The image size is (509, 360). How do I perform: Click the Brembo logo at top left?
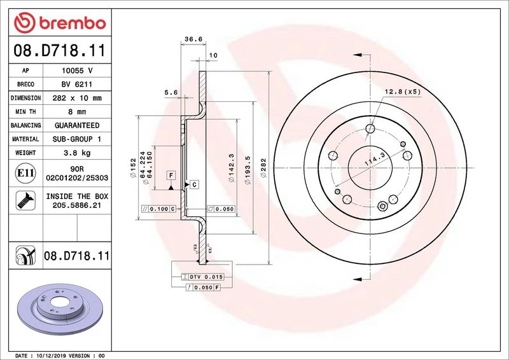click(x=60, y=23)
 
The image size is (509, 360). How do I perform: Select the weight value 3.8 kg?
click(x=77, y=153)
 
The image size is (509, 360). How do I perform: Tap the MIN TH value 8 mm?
click(x=77, y=112)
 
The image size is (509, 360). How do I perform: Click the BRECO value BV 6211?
click(x=77, y=85)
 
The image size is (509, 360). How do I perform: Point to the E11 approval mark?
click(x=25, y=173)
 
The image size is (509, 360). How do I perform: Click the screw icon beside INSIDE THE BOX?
click(x=25, y=200)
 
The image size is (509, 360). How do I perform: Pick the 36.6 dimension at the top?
click(x=193, y=39)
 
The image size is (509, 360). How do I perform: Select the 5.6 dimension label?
click(x=171, y=92)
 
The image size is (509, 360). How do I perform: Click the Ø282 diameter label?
click(x=263, y=167)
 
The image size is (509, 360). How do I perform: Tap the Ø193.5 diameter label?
click(x=248, y=170)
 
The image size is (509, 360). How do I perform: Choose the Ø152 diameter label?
click(x=133, y=167)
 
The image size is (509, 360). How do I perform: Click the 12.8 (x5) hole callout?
click(x=403, y=92)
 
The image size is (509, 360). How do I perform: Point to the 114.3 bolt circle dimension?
click(x=375, y=160)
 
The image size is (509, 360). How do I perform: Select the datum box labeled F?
click(x=171, y=176)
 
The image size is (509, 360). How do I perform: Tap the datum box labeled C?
click(x=194, y=184)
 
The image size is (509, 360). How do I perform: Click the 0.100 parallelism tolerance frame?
click(x=158, y=209)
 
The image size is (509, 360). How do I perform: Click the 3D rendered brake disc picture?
click(x=60, y=309)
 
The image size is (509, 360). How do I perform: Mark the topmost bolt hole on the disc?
click(x=370, y=129)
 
